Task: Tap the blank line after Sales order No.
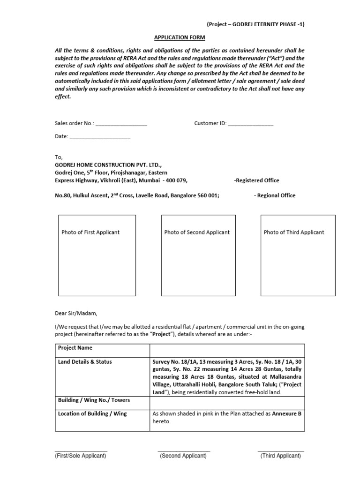click(121, 124)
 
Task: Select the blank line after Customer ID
click(251, 124)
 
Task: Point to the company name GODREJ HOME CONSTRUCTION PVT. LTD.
click(108, 165)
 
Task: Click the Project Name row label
click(75, 348)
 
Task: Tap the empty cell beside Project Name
click(227, 350)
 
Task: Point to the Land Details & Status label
click(85, 362)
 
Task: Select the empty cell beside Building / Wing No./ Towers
click(227, 402)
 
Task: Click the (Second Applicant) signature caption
click(183, 456)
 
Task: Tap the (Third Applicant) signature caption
click(281, 456)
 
